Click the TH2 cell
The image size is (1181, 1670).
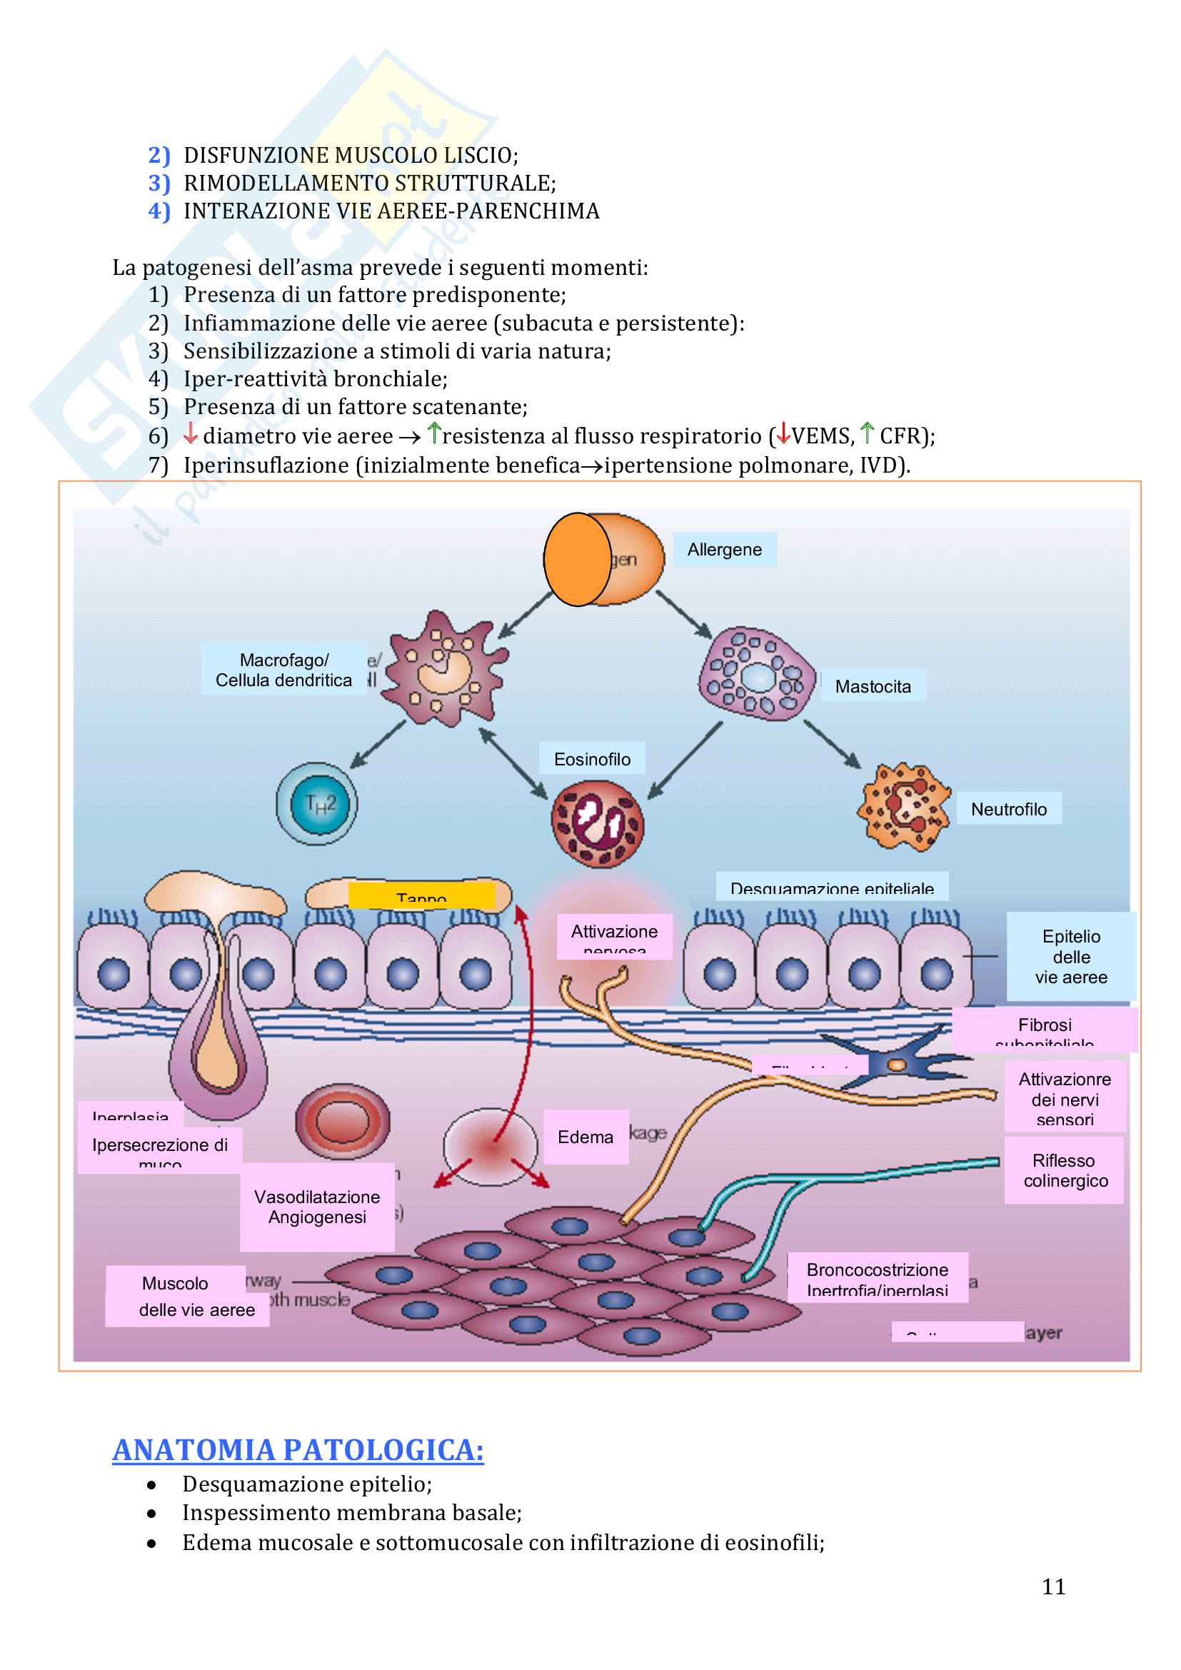coord(317,803)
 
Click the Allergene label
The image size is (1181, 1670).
coord(724,549)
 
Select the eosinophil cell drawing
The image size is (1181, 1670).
coord(598,824)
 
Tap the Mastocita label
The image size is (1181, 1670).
coord(873,686)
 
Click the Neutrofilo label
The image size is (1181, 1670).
coord(1009,809)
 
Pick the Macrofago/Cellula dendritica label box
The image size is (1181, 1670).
coord(283,669)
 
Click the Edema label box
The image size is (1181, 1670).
coord(586,1136)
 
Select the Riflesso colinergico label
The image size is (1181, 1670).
coord(1065,1169)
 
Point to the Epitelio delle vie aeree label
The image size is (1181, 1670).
coord(1070,956)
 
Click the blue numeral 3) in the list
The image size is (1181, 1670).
coord(159,183)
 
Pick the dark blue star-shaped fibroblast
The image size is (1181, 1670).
coord(899,1064)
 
